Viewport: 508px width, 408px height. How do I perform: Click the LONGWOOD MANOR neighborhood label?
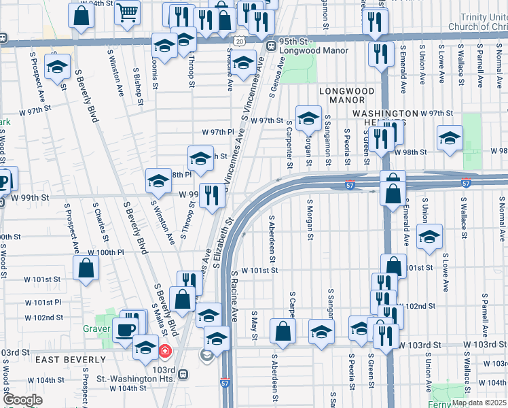[346, 95]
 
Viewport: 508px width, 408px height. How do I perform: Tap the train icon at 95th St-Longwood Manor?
[270, 46]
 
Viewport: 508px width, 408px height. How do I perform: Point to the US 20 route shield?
[240, 41]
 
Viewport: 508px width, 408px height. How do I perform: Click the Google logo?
[23, 400]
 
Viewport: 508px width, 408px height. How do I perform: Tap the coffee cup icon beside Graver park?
[124, 330]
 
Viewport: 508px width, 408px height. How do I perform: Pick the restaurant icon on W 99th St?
[212, 196]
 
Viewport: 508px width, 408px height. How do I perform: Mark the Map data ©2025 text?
[479, 403]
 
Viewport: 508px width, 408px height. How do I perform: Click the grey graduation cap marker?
[206, 354]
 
